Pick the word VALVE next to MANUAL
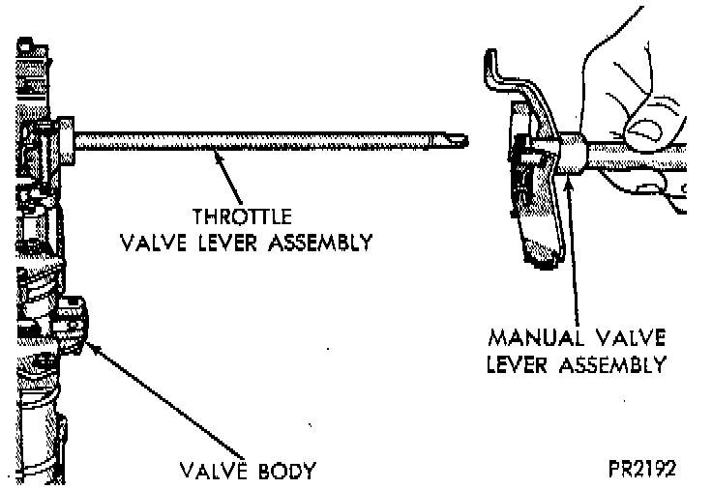[629, 340]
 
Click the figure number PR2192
[641, 470]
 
